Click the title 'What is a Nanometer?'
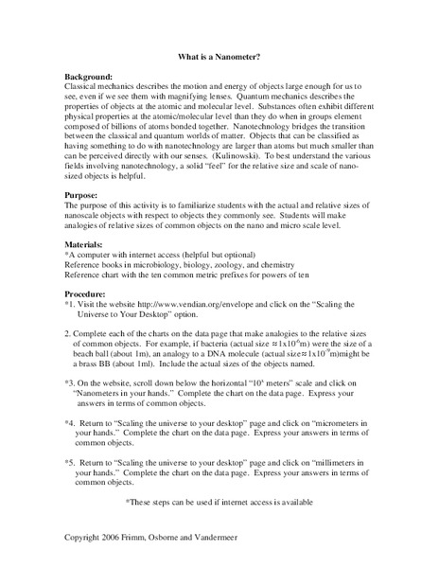coord(219,55)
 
